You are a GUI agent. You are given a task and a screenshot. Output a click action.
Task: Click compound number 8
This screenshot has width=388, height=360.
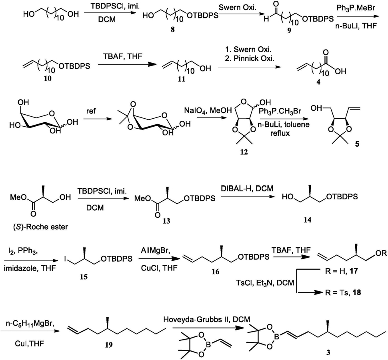[172, 30]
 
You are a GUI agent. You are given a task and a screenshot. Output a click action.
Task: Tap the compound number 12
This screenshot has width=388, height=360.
[244, 152]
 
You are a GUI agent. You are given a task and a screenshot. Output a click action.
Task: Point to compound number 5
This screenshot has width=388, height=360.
[357, 144]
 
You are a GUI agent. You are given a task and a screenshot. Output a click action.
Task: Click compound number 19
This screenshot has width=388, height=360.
[109, 344]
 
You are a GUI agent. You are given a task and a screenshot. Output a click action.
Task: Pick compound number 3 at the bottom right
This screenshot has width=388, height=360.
[328, 352]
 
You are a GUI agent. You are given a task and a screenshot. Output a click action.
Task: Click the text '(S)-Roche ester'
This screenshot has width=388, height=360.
[40, 227]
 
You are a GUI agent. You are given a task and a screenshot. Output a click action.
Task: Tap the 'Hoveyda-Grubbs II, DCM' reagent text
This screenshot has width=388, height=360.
[207, 319]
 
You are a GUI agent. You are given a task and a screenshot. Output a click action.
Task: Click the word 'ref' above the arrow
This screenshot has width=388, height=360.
[91, 111]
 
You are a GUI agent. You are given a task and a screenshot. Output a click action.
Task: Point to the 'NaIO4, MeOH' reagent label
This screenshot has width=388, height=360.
[208, 111]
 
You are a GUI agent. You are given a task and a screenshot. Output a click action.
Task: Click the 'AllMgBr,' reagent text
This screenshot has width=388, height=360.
[155, 251]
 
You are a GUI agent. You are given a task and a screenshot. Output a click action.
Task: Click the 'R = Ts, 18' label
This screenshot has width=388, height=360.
[343, 292]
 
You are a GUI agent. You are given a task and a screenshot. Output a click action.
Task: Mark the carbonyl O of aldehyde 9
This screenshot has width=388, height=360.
[276, 4]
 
